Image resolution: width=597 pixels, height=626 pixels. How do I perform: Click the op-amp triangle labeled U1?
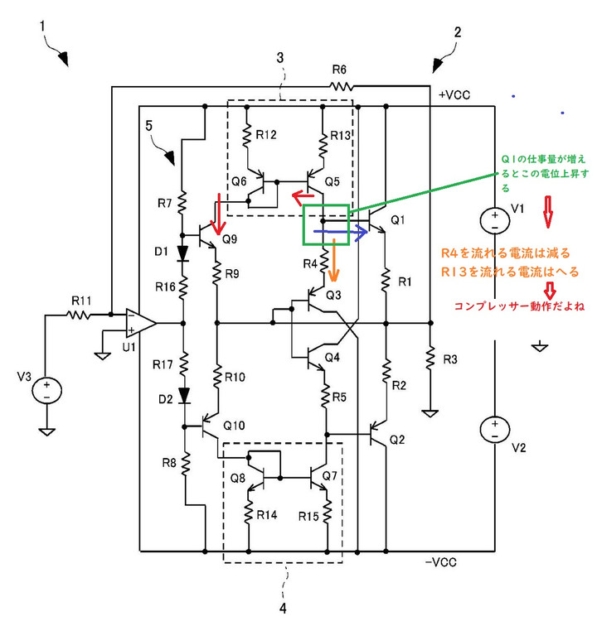(x=140, y=323)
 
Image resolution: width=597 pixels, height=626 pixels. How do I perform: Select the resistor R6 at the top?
(x=341, y=86)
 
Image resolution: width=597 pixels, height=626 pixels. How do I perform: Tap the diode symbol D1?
(x=182, y=253)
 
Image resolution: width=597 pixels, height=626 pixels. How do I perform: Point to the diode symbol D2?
(x=184, y=395)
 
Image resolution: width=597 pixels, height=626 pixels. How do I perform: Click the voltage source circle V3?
(x=46, y=390)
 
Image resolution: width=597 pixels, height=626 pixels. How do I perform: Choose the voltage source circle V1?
(x=495, y=220)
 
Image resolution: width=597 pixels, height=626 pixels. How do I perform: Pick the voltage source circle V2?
(x=495, y=429)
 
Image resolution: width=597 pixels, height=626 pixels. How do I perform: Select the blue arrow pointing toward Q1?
(x=340, y=232)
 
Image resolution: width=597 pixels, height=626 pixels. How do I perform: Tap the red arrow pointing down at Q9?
(x=218, y=214)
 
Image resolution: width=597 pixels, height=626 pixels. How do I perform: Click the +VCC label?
(x=454, y=95)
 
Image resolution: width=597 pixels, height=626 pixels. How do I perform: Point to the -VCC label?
(x=440, y=562)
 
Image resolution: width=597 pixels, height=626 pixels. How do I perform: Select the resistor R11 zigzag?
(x=79, y=315)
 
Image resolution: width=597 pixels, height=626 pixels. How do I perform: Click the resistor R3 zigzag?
(x=430, y=358)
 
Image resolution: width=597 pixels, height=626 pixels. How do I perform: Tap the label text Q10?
(x=234, y=426)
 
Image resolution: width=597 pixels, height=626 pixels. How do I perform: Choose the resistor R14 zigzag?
(x=248, y=513)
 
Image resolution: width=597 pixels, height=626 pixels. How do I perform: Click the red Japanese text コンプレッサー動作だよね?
(x=519, y=306)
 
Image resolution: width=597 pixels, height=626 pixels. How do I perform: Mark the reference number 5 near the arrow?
(x=148, y=126)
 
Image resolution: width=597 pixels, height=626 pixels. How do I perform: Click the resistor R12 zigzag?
(x=247, y=135)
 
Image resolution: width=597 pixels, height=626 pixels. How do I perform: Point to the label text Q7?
(x=330, y=475)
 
